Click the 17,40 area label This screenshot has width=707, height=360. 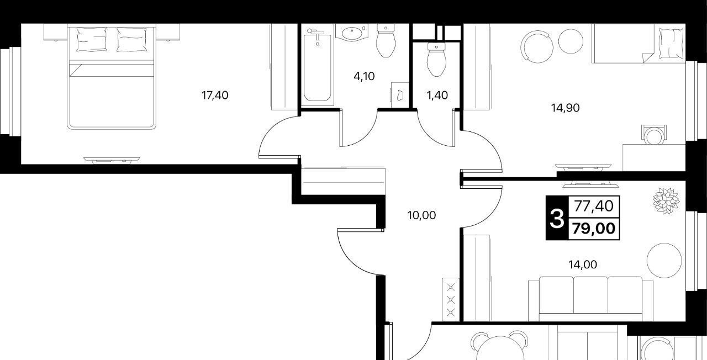click(215, 95)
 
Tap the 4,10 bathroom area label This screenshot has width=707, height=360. click(364, 76)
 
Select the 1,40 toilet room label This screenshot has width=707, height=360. click(437, 95)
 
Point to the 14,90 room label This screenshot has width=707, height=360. click(565, 108)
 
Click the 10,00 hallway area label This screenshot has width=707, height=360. click(421, 215)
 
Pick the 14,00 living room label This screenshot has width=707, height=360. click(583, 264)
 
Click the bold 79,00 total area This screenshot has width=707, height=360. click(594, 228)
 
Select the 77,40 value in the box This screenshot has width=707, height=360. click(594, 206)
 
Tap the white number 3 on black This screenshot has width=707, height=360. click(557, 218)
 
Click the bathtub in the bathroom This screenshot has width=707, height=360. click(318, 67)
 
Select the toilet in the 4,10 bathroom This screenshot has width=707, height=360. click(386, 41)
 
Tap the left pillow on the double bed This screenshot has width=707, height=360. click(92, 39)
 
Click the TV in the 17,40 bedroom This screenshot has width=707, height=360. click(112, 160)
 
